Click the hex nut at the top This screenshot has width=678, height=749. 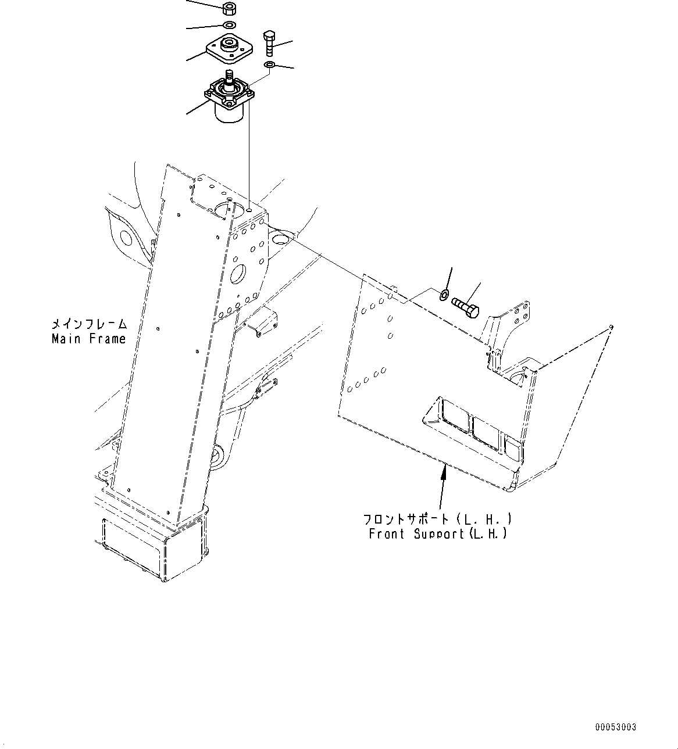229,8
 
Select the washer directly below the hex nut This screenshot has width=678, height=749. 229,25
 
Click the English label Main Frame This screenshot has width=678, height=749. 88,339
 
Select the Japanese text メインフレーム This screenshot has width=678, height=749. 88,324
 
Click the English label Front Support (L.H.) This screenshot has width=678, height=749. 437,533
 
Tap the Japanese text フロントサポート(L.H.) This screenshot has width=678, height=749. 437,518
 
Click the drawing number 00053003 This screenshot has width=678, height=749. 615,727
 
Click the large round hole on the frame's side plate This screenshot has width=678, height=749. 239,274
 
